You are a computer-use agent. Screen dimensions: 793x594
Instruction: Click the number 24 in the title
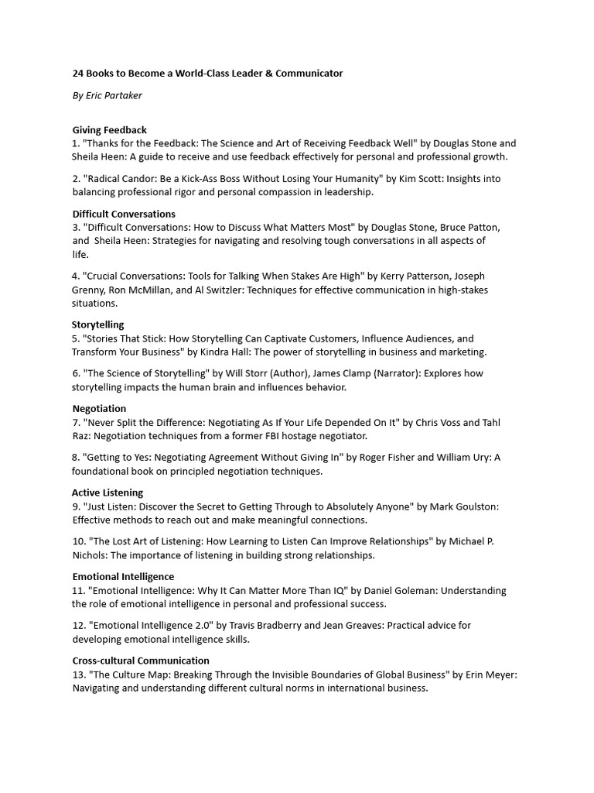[x=79, y=74]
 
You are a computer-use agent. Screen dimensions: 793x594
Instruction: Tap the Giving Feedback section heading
[x=109, y=130]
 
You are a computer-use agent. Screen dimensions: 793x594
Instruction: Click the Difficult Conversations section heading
[x=124, y=214]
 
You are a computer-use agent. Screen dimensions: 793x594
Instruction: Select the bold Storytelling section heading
[x=97, y=324]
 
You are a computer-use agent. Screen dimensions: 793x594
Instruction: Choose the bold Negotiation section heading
[x=99, y=408]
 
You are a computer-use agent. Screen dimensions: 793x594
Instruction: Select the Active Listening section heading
[x=108, y=493]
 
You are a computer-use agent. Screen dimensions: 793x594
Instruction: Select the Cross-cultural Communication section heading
[x=141, y=661]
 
